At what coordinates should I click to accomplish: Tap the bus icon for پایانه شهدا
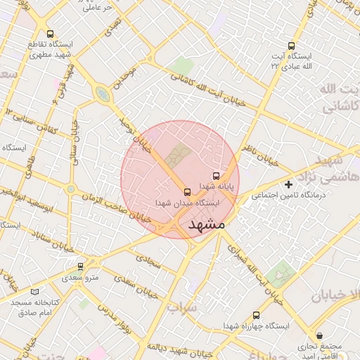pyautogui.click(x=216, y=176)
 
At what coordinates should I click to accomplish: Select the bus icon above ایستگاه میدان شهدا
pyautogui.click(x=186, y=191)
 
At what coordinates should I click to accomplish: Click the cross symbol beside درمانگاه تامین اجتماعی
pyautogui.click(x=288, y=184)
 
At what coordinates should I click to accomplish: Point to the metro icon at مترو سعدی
pyautogui.click(x=81, y=266)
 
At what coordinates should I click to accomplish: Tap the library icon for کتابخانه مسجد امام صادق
pyautogui.click(x=35, y=291)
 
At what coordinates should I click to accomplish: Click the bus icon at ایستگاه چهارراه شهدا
pyautogui.click(x=255, y=316)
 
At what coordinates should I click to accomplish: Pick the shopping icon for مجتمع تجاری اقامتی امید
pyautogui.click(x=321, y=336)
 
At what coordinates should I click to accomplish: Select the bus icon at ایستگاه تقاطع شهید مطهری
pyautogui.click(x=50, y=33)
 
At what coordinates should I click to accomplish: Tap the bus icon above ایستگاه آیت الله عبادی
pyautogui.click(x=292, y=46)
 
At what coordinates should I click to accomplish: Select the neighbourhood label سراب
pyautogui.click(x=183, y=308)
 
